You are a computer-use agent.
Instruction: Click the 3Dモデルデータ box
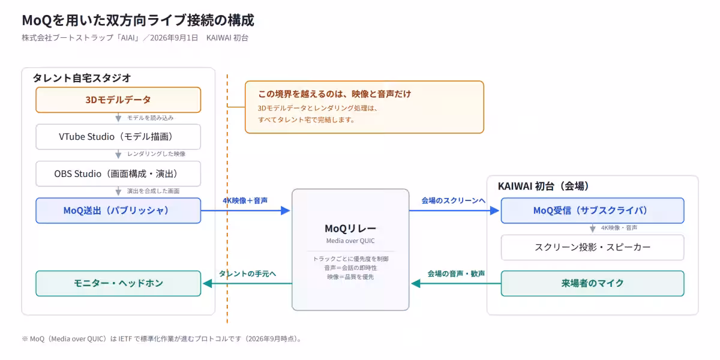pos(118,100)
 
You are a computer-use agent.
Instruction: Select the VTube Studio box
pos(118,137)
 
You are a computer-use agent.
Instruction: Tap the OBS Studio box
pos(118,174)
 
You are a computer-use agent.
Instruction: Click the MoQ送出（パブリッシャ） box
pos(118,211)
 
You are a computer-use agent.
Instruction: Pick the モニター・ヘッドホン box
pos(118,283)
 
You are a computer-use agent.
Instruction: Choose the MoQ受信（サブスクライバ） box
pos(592,211)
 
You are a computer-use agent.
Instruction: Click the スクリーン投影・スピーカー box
pos(592,247)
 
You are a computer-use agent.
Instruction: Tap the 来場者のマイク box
pos(592,283)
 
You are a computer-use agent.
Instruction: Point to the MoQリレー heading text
pos(350,229)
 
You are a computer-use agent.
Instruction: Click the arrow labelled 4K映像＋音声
pos(245,211)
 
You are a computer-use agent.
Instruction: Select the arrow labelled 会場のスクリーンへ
pos(454,211)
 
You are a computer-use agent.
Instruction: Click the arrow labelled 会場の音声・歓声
pos(456,283)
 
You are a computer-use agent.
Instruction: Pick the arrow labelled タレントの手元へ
pos(247,283)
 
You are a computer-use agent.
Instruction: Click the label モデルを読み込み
pos(151,118)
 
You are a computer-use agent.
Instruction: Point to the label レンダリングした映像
pos(157,154)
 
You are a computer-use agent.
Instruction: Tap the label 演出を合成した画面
pos(154,191)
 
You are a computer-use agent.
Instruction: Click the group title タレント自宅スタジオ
pos(82,78)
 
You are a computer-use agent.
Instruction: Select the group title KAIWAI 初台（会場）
pos(543,186)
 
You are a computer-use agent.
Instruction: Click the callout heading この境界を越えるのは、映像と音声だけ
pos(335,94)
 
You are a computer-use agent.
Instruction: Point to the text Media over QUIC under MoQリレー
pos(350,241)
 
